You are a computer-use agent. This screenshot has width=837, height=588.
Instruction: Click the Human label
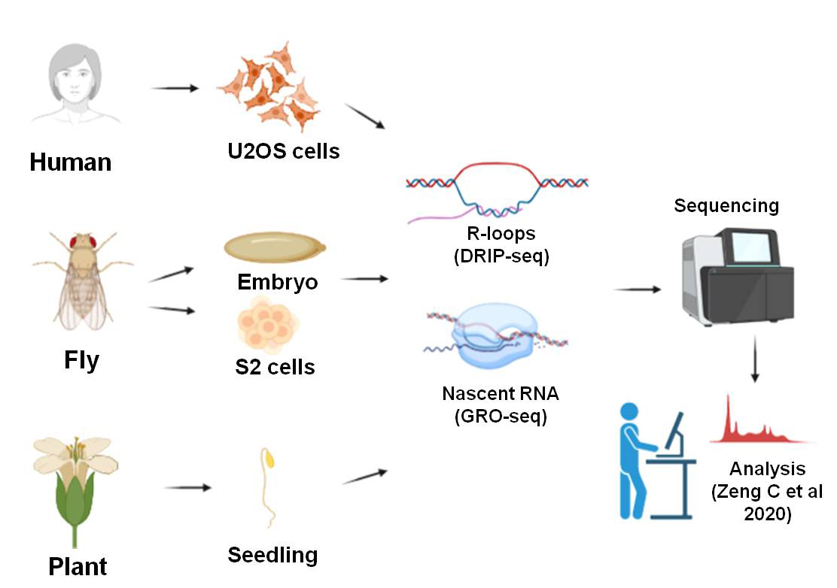(x=71, y=162)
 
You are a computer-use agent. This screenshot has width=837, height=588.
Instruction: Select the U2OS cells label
(x=284, y=151)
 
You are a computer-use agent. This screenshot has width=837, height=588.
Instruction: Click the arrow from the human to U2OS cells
(x=175, y=89)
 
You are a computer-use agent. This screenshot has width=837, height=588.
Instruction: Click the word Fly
(x=80, y=361)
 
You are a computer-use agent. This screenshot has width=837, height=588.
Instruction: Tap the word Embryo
(x=278, y=282)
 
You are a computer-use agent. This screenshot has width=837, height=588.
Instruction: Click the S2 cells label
(x=275, y=368)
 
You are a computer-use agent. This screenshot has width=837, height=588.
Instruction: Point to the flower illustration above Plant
(x=75, y=481)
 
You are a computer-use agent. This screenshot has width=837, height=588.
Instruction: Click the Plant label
(x=78, y=566)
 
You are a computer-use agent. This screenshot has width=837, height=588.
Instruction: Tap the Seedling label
(x=272, y=556)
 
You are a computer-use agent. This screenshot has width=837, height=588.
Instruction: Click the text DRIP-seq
(x=502, y=256)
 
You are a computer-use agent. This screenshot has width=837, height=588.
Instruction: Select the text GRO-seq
(x=501, y=416)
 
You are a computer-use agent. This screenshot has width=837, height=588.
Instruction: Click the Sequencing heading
(x=726, y=205)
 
